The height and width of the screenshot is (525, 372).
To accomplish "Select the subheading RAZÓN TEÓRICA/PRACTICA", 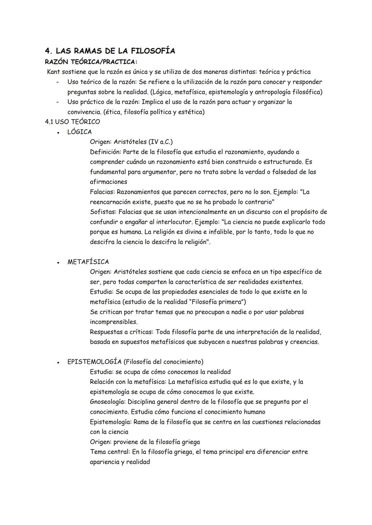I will point(91,62).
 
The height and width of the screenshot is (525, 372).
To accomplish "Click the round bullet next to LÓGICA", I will point(59,132).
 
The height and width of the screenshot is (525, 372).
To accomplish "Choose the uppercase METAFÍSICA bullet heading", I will point(88,262).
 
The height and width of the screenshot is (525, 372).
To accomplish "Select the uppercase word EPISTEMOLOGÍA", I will point(94,362).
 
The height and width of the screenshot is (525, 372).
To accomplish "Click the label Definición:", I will point(105,152).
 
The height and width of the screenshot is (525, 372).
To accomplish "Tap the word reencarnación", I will point(111,202).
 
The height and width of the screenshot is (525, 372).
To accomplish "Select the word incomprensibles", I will point(113,322).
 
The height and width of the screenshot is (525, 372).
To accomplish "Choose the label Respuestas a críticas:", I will point(122,332).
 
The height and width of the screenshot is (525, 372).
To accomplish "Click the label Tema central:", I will point(110,452).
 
